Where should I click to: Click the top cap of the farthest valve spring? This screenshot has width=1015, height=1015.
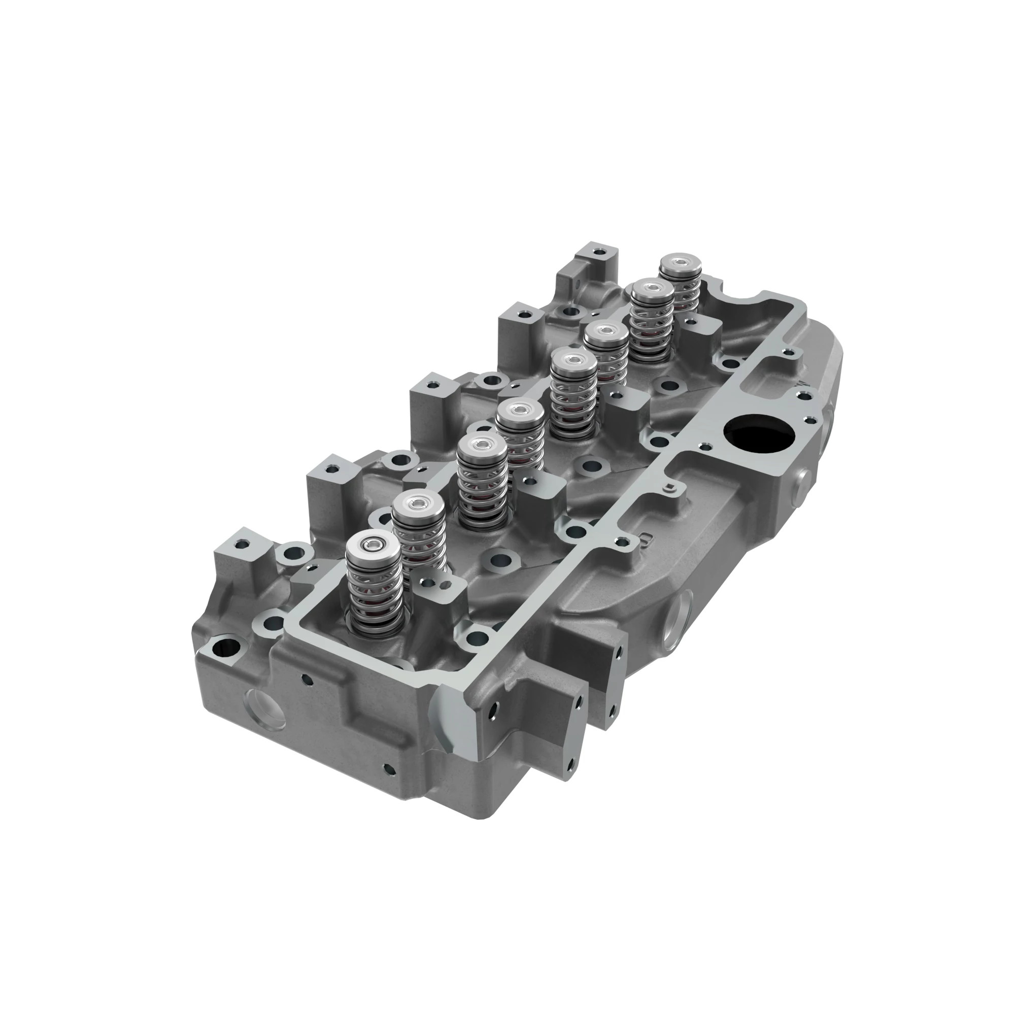pos(681,262)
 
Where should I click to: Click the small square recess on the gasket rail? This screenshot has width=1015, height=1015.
pos(669,489)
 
